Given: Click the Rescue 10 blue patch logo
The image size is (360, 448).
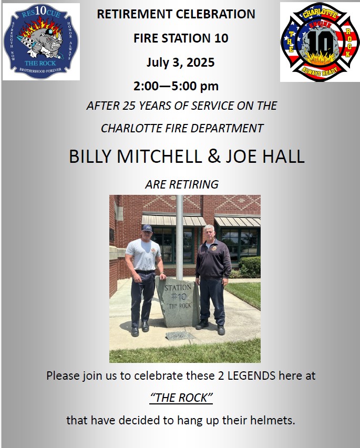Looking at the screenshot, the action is (x=41, y=41).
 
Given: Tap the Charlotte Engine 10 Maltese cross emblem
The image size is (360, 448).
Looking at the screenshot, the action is (x=320, y=42).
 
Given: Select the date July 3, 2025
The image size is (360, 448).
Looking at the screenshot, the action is (x=180, y=62).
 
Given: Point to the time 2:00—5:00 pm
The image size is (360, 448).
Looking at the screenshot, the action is (x=176, y=86).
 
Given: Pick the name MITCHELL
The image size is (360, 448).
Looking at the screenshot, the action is (x=159, y=157).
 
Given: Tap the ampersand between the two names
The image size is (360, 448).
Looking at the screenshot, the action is (x=214, y=156).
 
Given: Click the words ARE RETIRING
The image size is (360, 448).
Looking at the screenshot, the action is (x=182, y=184).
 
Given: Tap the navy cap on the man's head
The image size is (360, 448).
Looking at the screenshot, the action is (x=147, y=228).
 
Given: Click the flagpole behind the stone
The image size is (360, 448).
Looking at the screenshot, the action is (x=179, y=237).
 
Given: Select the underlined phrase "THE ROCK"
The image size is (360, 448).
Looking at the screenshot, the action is (x=181, y=398).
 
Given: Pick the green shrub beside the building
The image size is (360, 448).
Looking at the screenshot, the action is (x=250, y=267).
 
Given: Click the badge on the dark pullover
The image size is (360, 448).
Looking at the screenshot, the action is (x=213, y=248).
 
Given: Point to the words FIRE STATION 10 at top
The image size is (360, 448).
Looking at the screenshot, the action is (x=181, y=38).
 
